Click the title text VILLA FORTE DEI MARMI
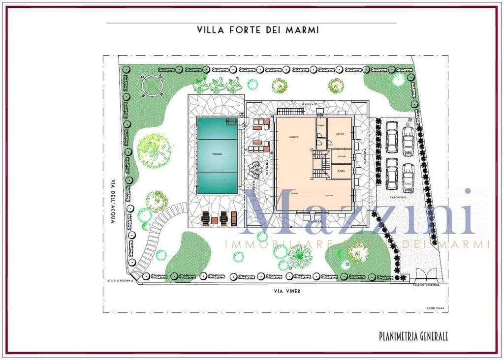[x=258, y=30]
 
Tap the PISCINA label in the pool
[x=217, y=154]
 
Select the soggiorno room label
[x=294, y=137]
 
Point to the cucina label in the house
[x=330, y=195]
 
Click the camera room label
[x=340, y=133]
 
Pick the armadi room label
[x=342, y=157]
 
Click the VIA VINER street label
[x=287, y=291]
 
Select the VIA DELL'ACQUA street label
[x=112, y=201]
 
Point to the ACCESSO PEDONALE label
[x=120, y=281]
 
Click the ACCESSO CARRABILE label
[x=426, y=285]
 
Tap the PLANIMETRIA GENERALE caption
[x=413, y=337]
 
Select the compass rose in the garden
[x=152, y=85]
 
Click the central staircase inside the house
[x=321, y=164]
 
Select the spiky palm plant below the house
[x=300, y=256]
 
